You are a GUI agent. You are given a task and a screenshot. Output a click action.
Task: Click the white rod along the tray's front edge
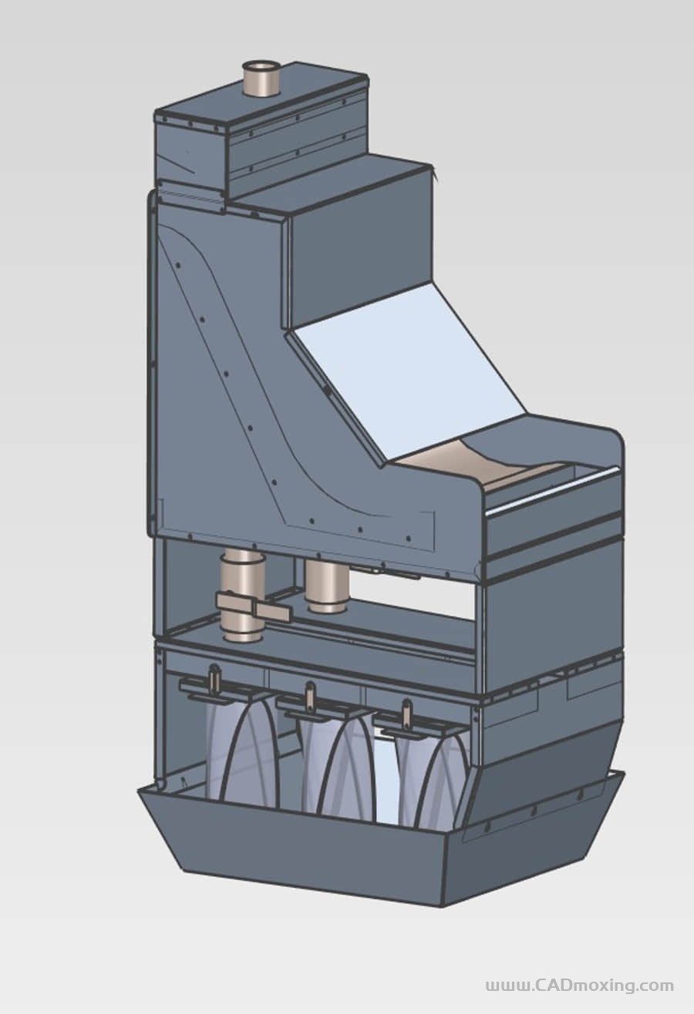pos(552,492)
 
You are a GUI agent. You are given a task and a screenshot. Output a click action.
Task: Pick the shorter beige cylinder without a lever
pos(327,586)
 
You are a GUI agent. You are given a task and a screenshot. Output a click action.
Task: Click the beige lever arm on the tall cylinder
pos(253,606)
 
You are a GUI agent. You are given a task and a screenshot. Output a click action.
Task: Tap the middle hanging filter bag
pos(338,770)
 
